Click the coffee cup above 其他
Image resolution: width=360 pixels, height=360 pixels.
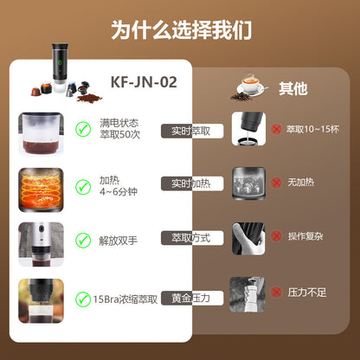click(252, 85)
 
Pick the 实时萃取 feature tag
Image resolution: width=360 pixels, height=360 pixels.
click(191, 131)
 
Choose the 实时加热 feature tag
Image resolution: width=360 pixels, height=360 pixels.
click(191, 184)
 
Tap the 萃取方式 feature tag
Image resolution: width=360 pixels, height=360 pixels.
click(191, 237)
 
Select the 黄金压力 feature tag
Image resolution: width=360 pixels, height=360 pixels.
click(191, 296)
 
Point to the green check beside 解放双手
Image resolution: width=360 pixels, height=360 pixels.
click(83, 238)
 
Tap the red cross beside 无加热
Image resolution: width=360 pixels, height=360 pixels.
click(275, 183)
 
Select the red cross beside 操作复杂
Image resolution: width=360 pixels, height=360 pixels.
click(275, 235)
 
